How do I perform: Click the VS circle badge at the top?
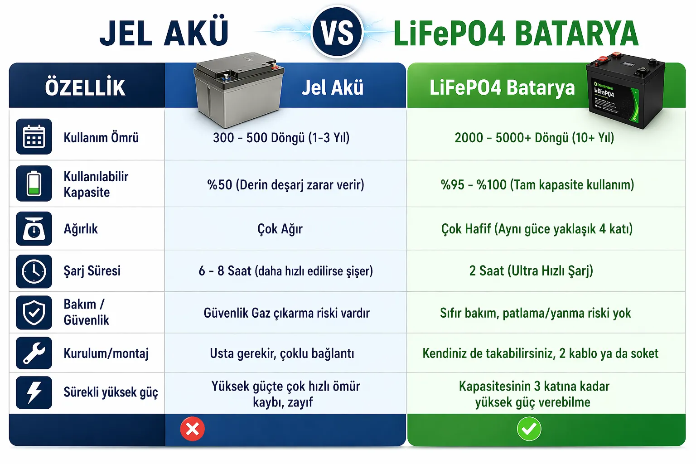click(337, 32)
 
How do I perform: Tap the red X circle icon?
click(192, 429)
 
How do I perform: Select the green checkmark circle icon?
click(529, 429)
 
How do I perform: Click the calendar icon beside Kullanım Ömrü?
click(34, 136)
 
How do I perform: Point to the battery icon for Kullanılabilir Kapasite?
click(34, 184)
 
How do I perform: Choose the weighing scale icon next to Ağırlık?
click(34, 228)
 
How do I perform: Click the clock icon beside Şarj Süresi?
click(34, 271)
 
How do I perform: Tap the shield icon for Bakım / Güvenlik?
click(34, 312)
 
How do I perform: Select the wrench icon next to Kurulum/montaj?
click(34, 353)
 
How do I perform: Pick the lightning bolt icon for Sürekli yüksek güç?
click(34, 392)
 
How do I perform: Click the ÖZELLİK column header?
click(85, 87)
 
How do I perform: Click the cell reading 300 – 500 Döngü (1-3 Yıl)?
click(281, 138)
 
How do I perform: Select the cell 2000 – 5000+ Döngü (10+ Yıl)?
click(534, 138)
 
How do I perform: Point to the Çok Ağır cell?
click(280, 229)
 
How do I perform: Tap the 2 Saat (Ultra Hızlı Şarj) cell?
click(531, 271)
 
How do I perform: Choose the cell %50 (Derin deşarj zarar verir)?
click(285, 184)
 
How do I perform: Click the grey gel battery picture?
click(239, 90)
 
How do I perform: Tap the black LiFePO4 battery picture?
click(625, 91)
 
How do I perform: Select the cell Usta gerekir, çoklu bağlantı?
click(282, 353)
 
